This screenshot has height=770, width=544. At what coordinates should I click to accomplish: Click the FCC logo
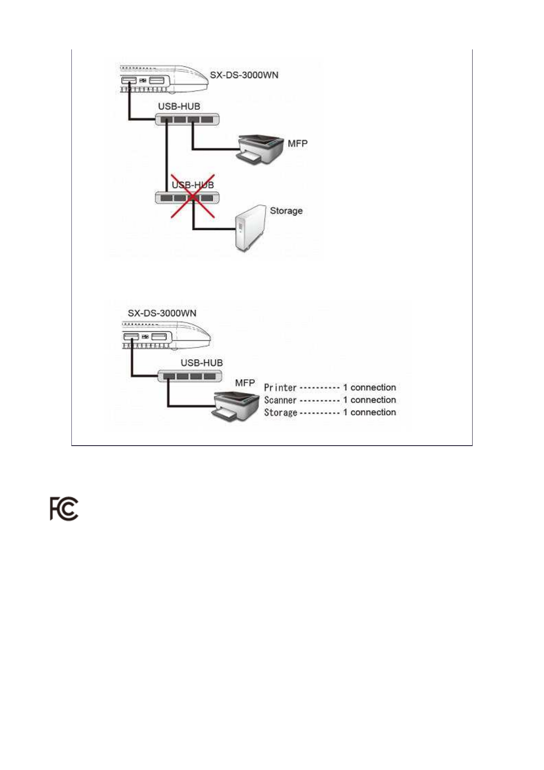pyautogui.click(x=64, y=508)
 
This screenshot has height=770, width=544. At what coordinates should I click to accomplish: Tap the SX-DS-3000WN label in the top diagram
pyautogui.click(x=244, y=75)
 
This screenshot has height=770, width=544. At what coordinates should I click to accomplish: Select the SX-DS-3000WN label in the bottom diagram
pyautogui.click(x=162, y=313)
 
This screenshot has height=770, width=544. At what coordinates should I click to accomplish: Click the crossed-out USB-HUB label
pyautogui.click(x=193, y=185)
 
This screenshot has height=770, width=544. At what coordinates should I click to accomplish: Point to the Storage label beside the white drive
pyautogui.click(x=286, y=210)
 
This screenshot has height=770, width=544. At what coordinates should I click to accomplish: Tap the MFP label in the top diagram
pyautogui.click(x=297, y=143)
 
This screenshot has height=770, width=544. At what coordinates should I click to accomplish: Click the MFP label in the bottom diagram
pyautogui.click(x=245, y=382)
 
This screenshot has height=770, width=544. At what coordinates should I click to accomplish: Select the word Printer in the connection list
pyautogui.click(x=280, y=388)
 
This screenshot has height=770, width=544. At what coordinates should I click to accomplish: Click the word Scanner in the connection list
pyautogui.click(x=280, y=400)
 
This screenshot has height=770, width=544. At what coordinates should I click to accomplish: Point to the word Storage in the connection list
pyautogui.click(x=280, y=412)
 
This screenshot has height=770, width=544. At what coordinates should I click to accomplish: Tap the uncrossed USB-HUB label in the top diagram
pyautogui.click(x=179, y=106)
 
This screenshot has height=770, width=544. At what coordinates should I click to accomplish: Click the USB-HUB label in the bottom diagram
pyautogui.click(x=201, y=362)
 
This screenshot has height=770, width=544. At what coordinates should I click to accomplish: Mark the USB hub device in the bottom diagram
pyautogui.click(x=189, y=376)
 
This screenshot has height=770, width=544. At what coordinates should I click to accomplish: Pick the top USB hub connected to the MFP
pyautogui.click(x=187, y=119)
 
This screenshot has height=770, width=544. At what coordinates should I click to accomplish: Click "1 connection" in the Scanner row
pyautogui.click(x=369, y=400)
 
